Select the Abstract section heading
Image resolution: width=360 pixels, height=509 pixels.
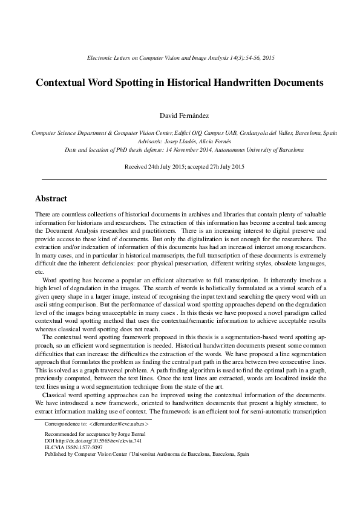click(x=51, y=198)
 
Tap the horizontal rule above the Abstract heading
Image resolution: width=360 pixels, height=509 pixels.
click(x=183, y=179)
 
